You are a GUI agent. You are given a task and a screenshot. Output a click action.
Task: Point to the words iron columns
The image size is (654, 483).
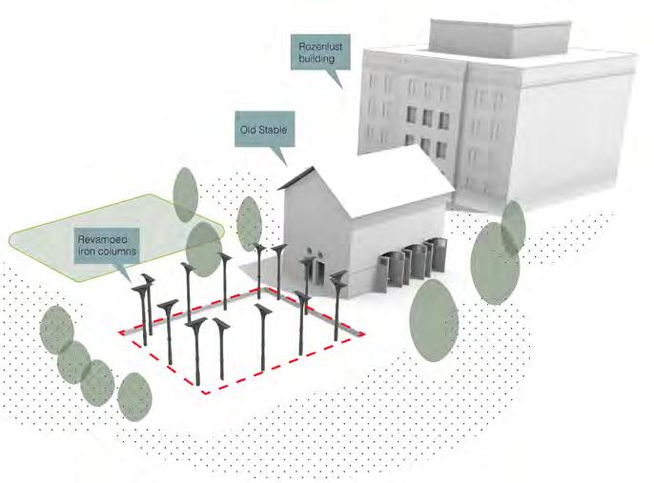point(109,250)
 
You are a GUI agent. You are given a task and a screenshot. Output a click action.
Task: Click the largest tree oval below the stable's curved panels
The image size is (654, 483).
point(435,319)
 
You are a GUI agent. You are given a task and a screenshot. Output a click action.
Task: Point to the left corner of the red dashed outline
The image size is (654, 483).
point(118,332)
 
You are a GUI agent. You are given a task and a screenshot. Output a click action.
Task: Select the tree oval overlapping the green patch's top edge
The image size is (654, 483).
point(186,194)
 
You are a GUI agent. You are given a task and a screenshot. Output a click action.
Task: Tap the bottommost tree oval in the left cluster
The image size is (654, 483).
point(135,396)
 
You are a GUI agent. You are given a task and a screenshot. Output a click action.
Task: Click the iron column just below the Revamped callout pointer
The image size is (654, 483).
point(147,305)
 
